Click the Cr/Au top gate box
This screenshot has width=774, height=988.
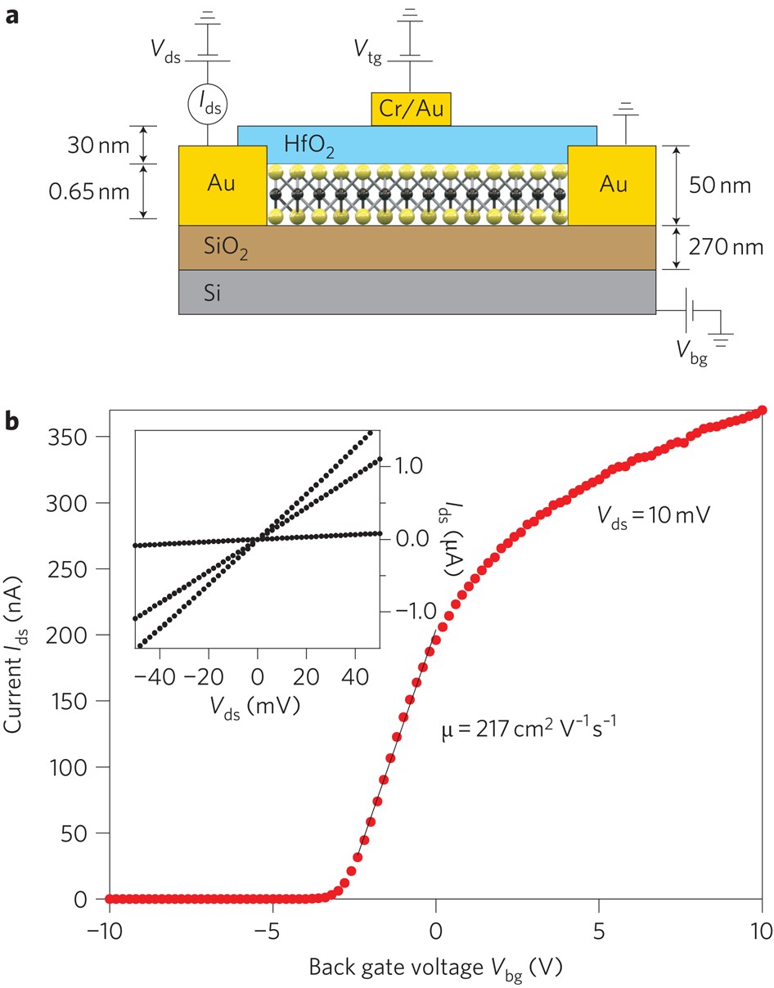(x=412, y=108)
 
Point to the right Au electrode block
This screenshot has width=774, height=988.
(x=612, y=185)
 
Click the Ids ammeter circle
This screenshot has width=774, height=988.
(x=210, y=102)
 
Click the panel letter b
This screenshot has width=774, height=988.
(x=12, y=420)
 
